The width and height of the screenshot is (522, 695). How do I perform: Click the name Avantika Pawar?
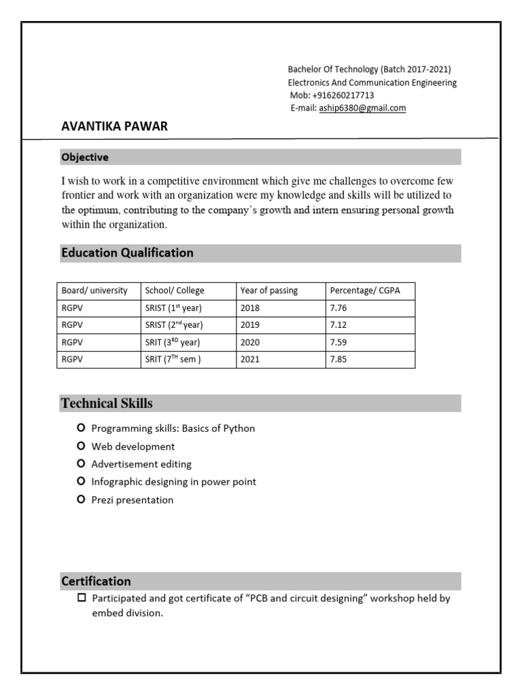coord(114,127)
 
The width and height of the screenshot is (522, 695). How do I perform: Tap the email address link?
coord(362,108)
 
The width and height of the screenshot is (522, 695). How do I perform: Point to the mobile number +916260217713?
coord(343,95)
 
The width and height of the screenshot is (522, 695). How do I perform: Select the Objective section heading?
coord(85,157)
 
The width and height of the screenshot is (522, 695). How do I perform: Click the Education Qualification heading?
coord(127,253)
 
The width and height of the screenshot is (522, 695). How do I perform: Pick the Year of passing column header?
coord(269,290)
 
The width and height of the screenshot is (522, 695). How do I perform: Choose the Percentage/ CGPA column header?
coord(365,290)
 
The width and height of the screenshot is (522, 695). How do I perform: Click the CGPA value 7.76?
coord(338,307)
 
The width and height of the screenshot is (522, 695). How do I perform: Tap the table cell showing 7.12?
coord(338,324)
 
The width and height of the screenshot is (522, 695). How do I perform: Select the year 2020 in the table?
coord(250,342)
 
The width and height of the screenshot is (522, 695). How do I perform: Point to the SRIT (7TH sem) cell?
coord(173,360)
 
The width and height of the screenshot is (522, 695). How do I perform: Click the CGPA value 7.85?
coord(338,360)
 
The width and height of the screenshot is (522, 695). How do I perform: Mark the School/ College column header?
coord(175,290)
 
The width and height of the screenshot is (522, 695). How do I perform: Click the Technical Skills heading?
coord(107,404)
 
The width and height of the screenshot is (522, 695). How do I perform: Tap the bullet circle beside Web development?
coord(82,446)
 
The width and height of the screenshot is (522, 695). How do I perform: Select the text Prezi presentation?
coord(133,500)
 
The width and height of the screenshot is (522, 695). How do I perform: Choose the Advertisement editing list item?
coord(141,464)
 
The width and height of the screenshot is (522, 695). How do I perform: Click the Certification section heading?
coord(96,582)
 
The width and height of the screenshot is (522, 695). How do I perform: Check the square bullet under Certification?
coord(82,598)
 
